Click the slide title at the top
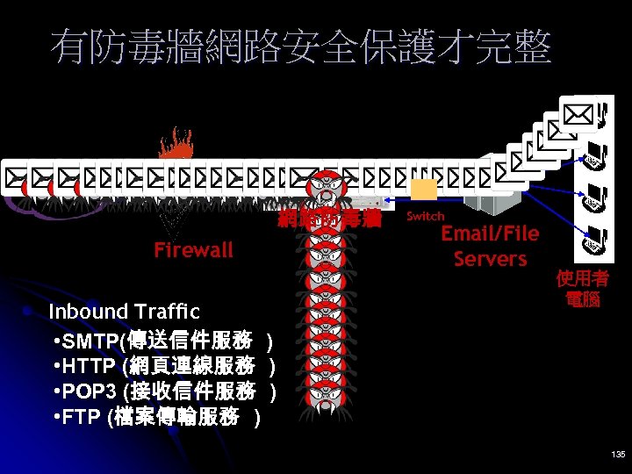(301, 47)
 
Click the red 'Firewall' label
(193, 250)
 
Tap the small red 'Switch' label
(426, 216)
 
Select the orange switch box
(423, 190)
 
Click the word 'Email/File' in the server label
(489, 233)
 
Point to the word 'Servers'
(490, 259)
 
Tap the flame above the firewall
(178, 145)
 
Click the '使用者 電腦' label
(581, 289)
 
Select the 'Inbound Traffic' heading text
(124, 312)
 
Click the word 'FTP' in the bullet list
(83, 416)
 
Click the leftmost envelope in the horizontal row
(14, 176)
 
